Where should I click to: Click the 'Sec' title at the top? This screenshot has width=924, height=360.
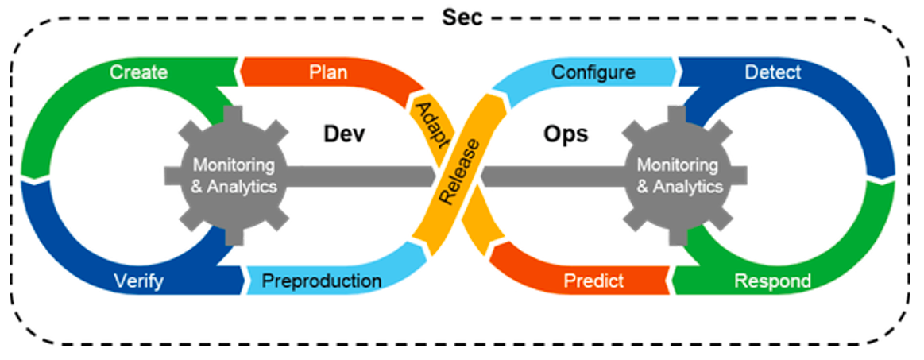(462, 17)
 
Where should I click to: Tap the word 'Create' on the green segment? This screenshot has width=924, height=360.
(139, 72)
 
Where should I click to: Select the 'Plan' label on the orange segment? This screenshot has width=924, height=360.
(327, 72)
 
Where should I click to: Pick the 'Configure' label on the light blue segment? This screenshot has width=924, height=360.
(593, 72)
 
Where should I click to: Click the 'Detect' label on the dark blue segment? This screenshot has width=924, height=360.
(773, 72)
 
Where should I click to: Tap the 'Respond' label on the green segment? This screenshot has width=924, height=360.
(772, 281)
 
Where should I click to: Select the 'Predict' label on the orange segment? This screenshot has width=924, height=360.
(593, 281)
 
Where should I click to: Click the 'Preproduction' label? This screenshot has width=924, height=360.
(322, 281)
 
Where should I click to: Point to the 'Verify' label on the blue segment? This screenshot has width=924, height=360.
(139, 281)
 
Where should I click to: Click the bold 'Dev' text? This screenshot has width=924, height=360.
(344, 134)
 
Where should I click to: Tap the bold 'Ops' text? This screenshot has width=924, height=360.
(566, 134)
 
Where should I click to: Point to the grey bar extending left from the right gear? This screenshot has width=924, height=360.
(556, 176)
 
